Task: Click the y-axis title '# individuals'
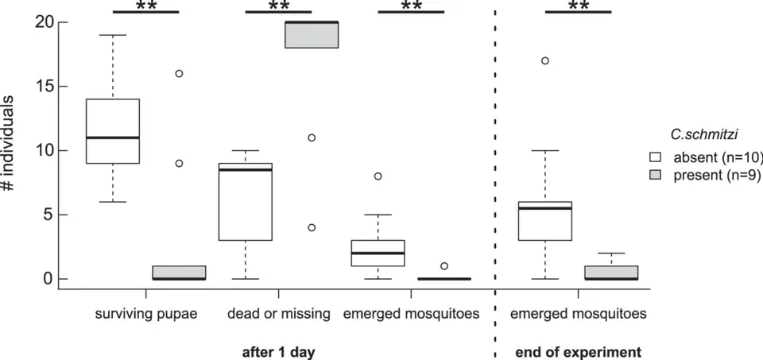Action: (11, 151)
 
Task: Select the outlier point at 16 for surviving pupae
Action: (179, 73)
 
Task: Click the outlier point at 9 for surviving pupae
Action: (179, 163)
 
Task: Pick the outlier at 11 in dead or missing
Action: (312, 137)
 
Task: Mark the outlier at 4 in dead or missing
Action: (312, 227)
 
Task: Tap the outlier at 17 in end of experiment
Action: (544, 60)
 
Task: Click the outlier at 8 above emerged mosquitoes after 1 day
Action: (378, 176)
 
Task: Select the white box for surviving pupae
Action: (113, 131)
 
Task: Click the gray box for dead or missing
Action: (312, 35)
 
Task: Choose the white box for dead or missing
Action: (245, 202)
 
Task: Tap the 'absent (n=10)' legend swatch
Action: (656, 157)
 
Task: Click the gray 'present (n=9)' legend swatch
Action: (656, 176)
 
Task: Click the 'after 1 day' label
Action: (278, 350)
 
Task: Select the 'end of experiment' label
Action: (579, 350)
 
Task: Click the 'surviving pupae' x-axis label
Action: (146, 314)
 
